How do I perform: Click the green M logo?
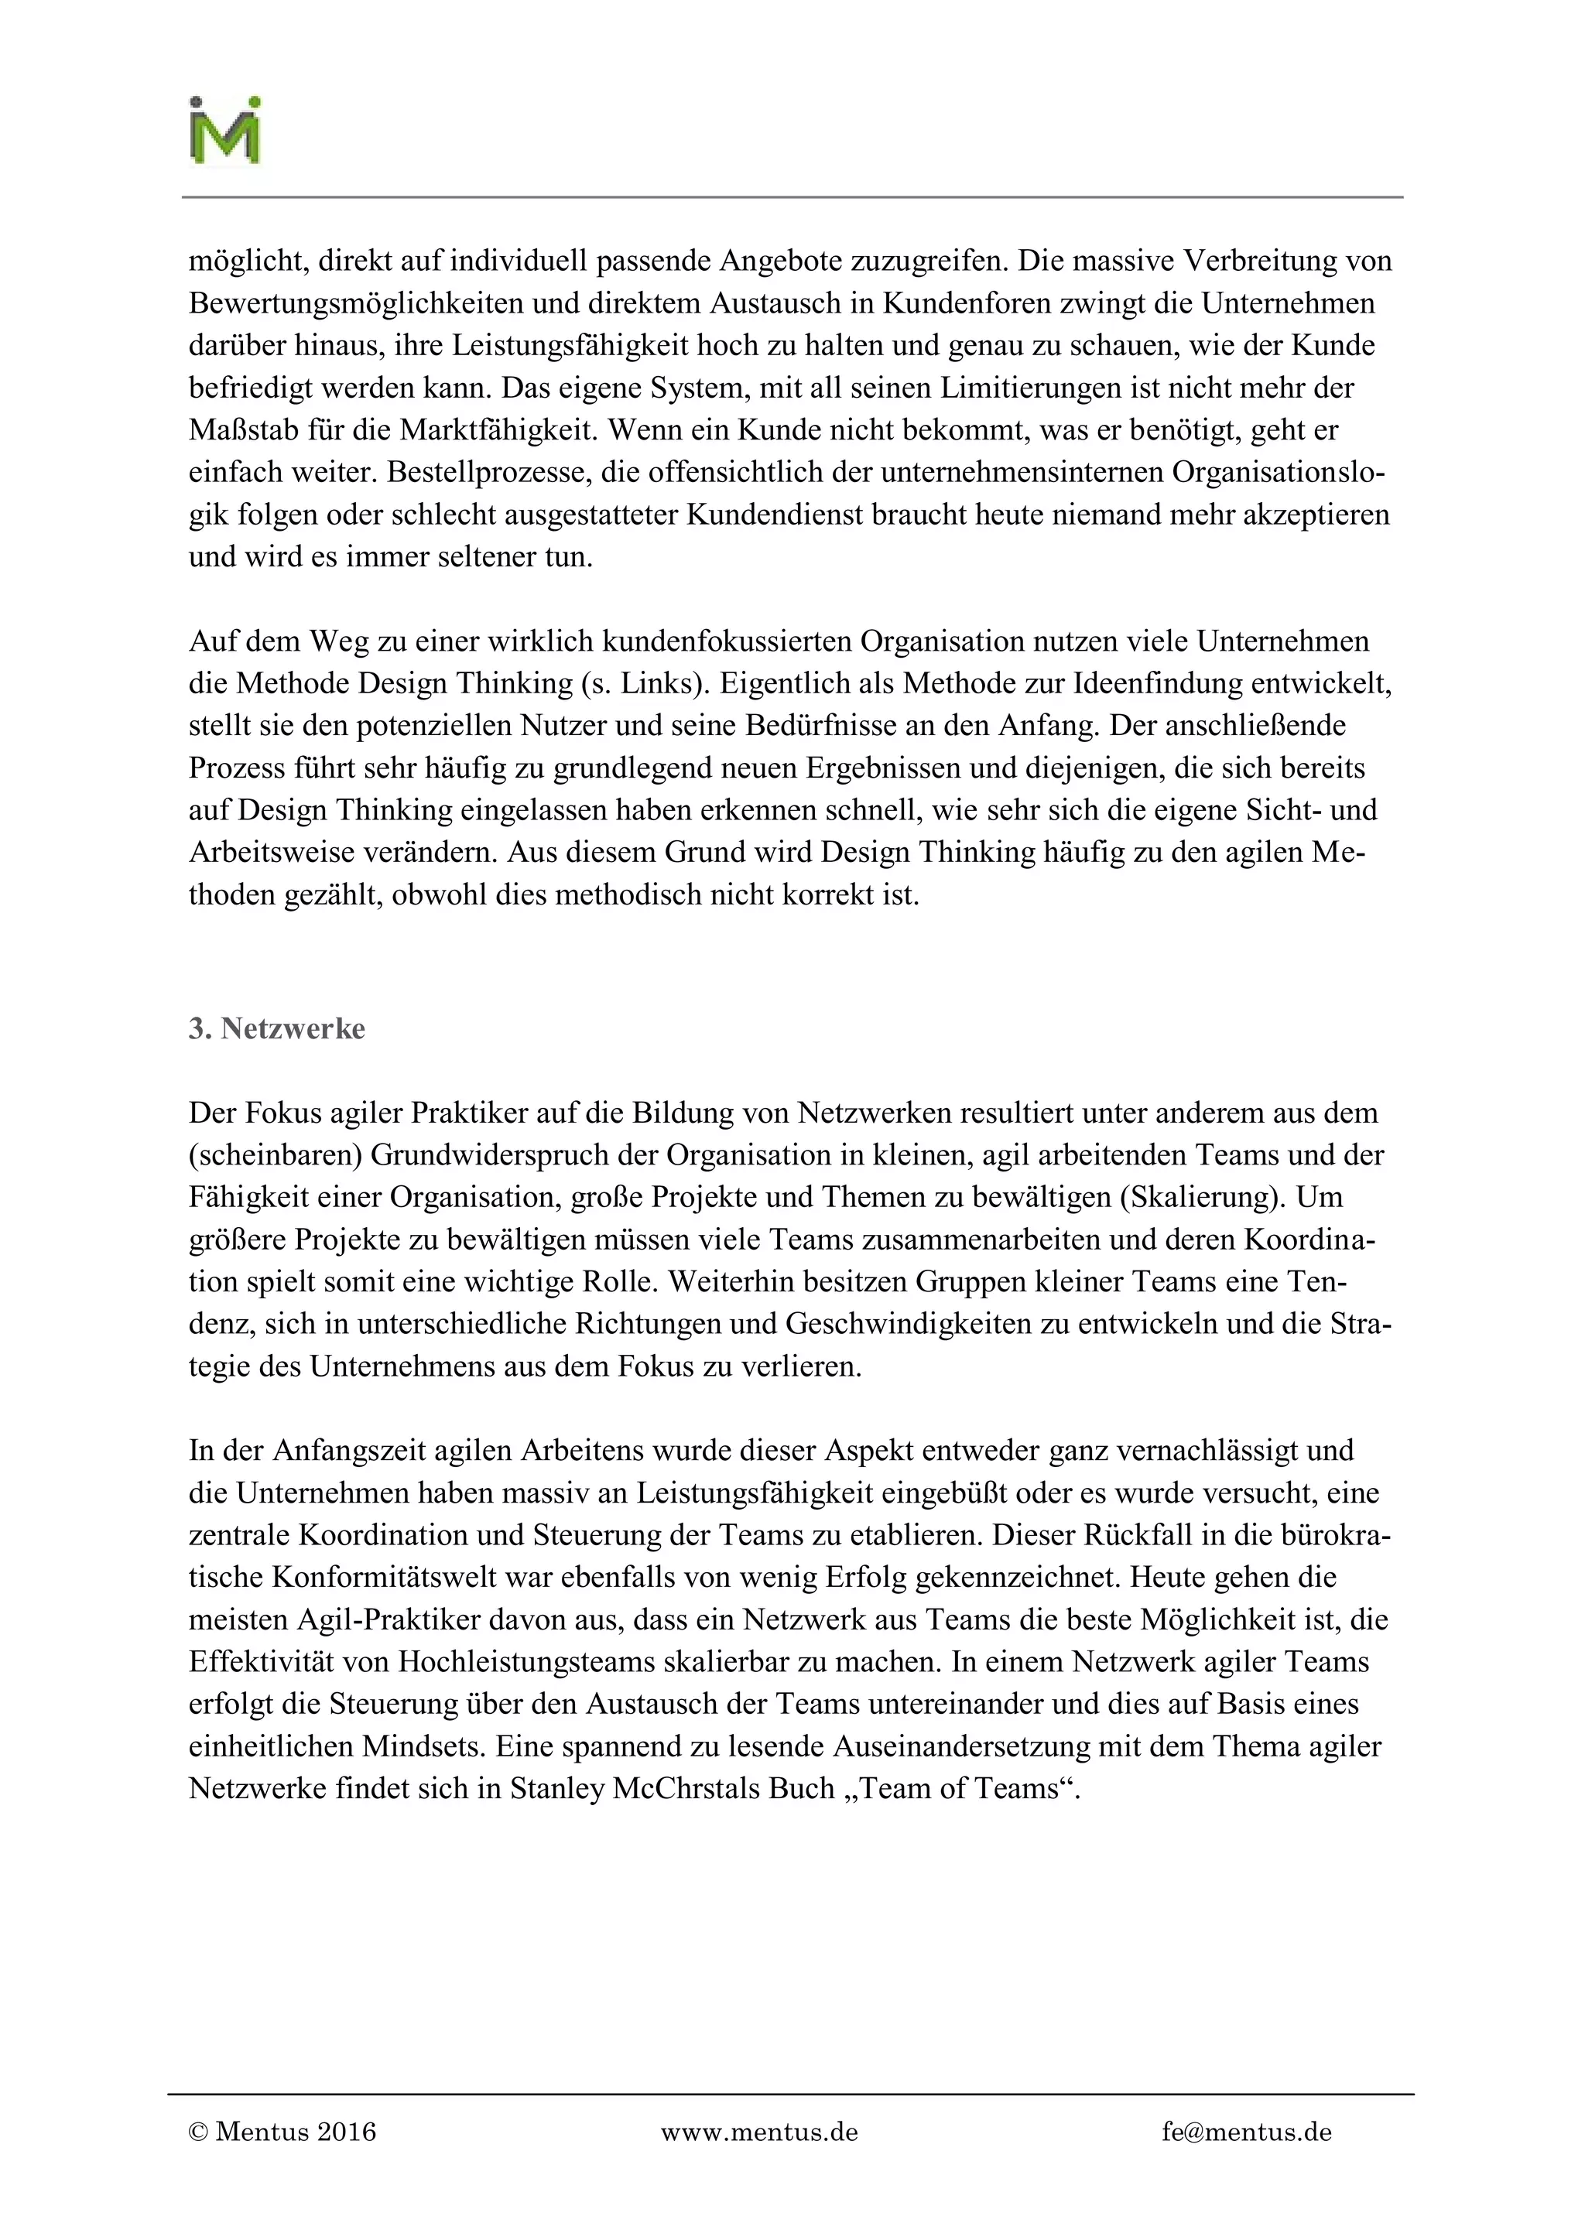[224, 132]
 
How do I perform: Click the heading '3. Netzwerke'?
[277, 1028]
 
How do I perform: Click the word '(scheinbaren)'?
[276, 1155]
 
